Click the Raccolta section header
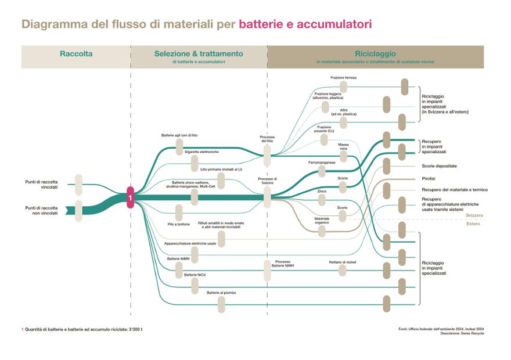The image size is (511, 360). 76,54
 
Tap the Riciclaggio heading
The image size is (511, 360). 375,53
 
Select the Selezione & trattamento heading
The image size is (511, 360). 199,54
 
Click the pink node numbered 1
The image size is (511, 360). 131,198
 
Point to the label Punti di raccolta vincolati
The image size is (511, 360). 41,184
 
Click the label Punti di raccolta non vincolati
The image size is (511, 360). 41,210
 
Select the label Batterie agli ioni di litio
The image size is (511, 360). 179,135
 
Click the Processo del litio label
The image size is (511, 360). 267,139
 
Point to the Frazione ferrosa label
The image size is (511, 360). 344,78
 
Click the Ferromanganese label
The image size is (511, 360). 322,163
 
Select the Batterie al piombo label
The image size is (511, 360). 221,293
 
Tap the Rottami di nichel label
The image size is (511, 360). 342,262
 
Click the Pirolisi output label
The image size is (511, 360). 429,178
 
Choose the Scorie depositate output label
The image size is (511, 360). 439,166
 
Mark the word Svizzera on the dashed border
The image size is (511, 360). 474,215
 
